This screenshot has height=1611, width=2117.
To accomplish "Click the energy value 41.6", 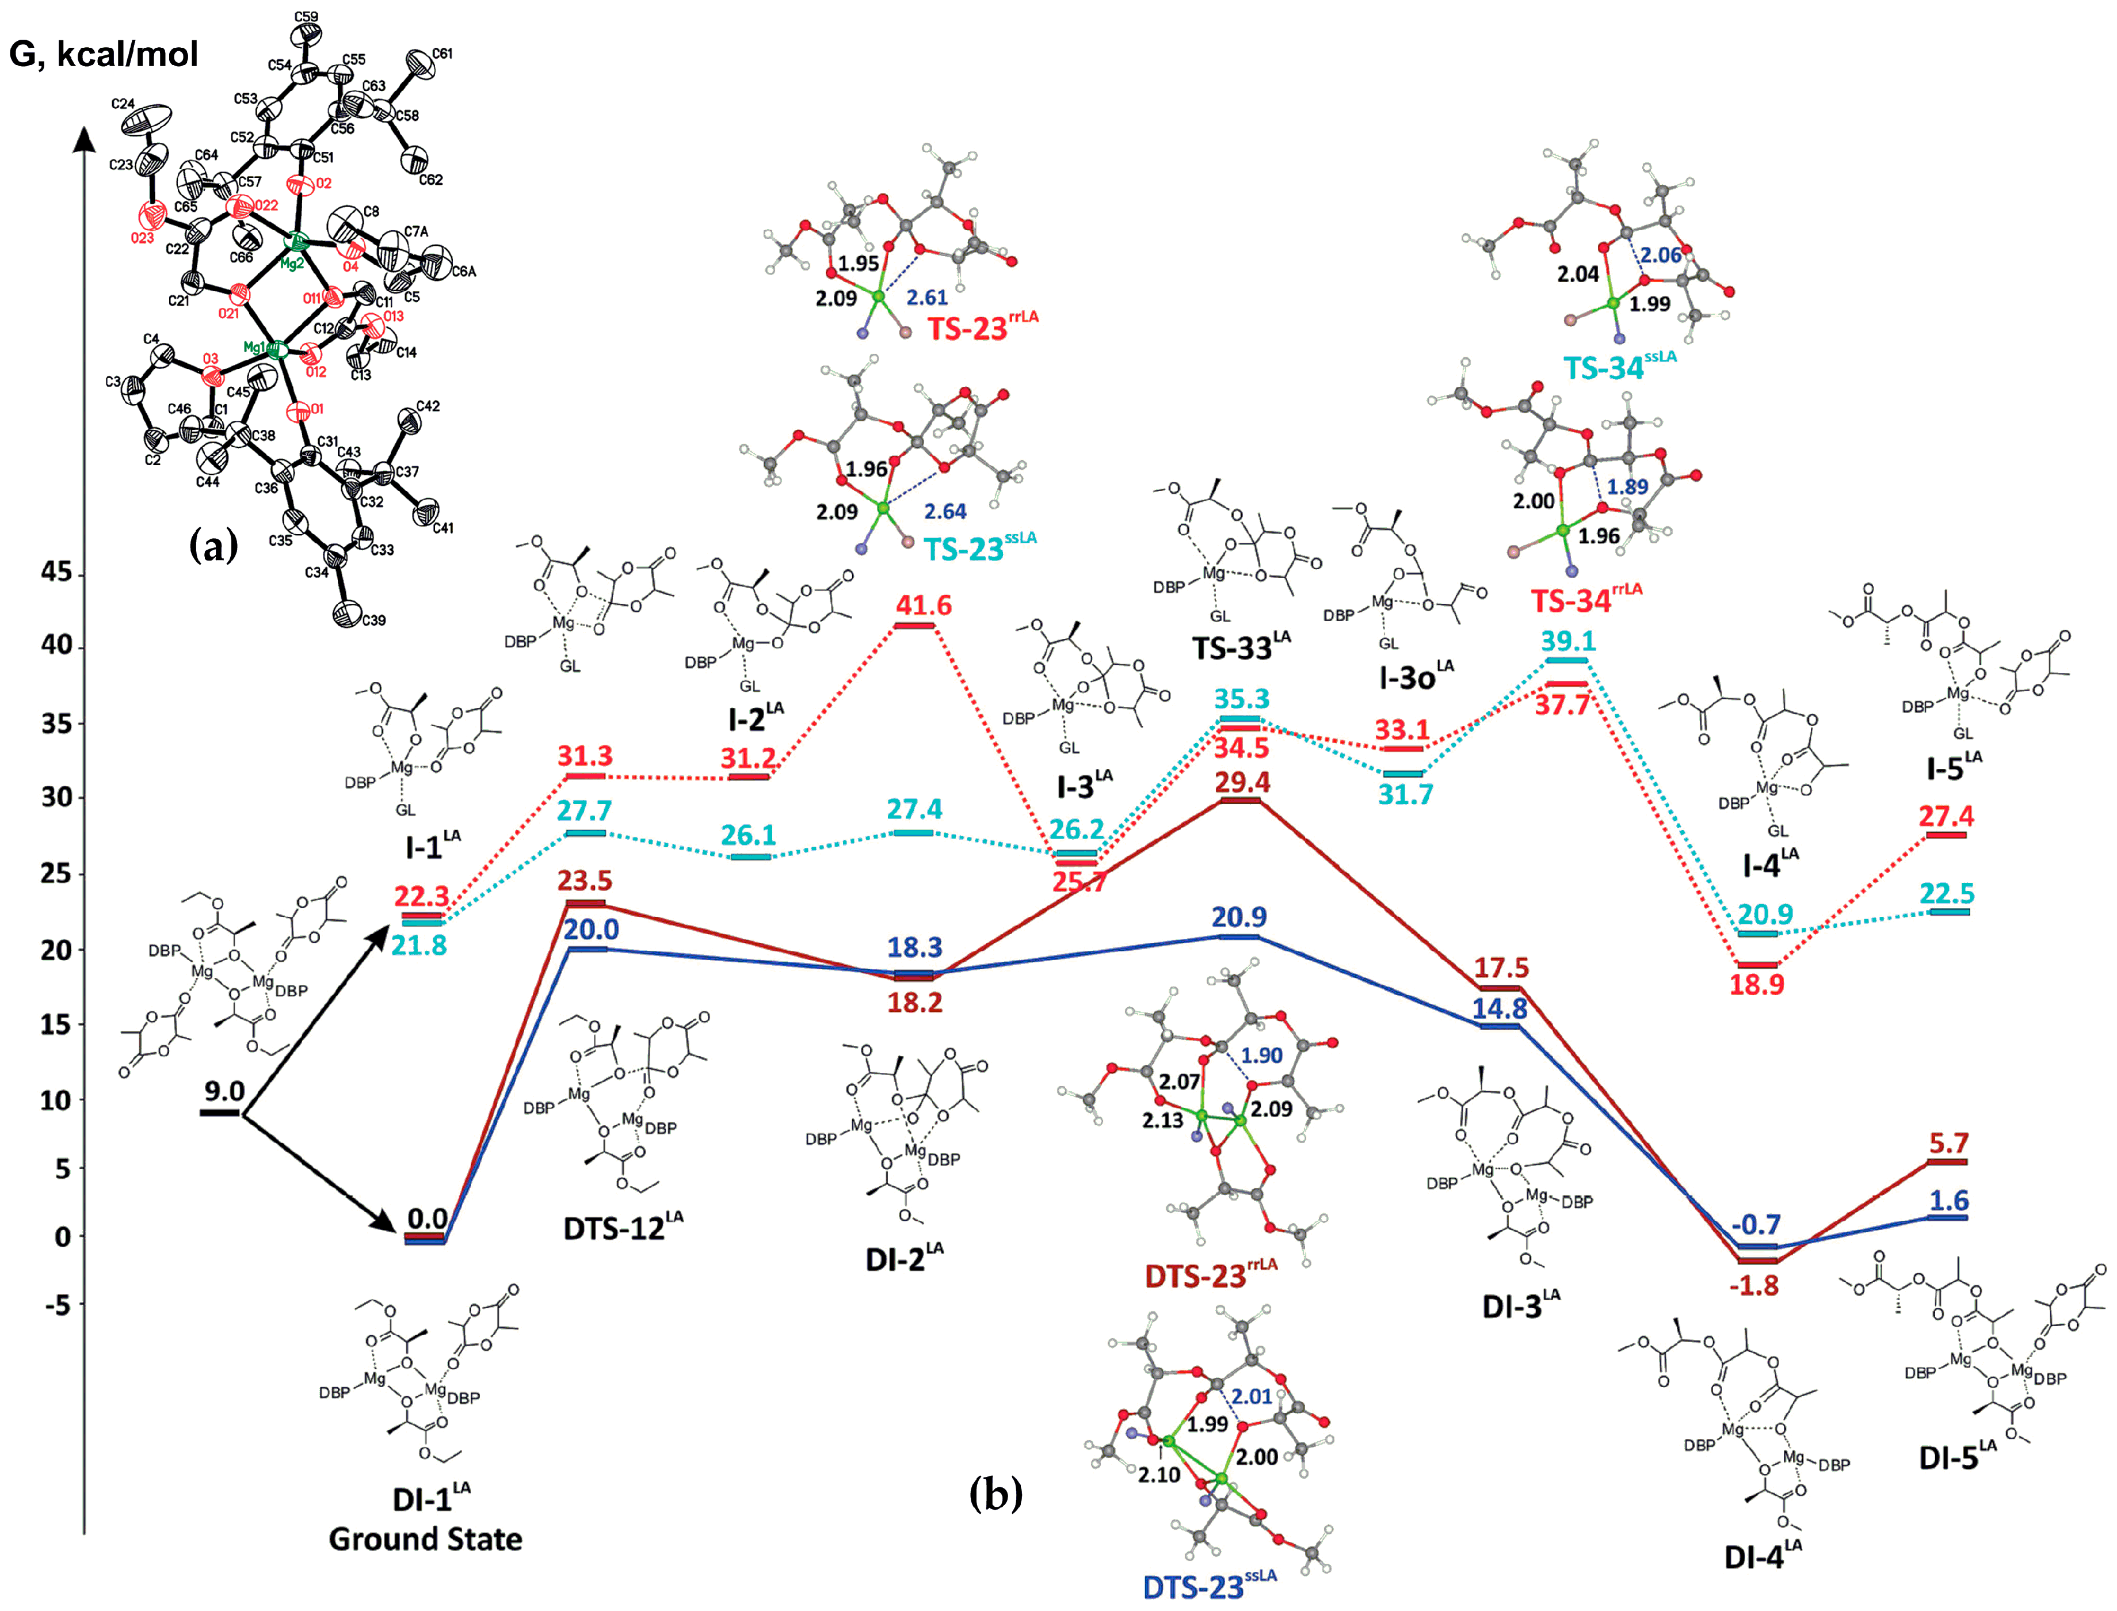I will pos(924,605).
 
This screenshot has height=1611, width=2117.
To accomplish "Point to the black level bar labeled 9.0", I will pos(220,1111).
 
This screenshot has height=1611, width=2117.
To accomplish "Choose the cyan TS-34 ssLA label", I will pos(1619,365).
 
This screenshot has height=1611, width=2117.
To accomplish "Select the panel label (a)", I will pos(213,547).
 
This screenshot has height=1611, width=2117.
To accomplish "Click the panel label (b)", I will pos(995,1493).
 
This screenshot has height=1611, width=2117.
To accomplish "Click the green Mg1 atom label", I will pos(254,347).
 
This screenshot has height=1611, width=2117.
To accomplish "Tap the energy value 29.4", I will pos(1242,783).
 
